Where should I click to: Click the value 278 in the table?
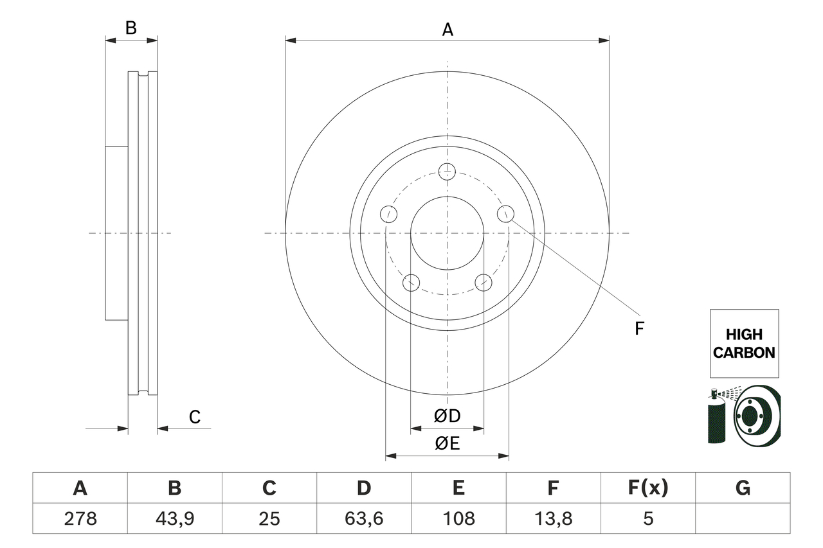coord(80,518)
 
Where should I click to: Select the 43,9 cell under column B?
coord(174,518)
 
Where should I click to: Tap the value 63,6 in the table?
coord(364,518)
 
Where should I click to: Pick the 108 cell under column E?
coord(458,518)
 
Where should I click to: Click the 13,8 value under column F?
coord(553,518)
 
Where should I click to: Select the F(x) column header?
coord(647,489)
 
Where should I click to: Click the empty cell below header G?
coord(743,518)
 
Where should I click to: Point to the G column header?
coord(743,489)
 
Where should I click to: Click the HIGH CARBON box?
coord(744,343)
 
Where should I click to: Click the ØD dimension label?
coord(447,416)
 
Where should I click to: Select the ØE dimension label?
coord(447,444)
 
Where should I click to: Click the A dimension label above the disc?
coord(448,30)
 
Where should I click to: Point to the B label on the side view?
coord(131,28)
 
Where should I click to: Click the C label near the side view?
coord(195,417)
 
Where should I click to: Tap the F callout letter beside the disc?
coord(639,329)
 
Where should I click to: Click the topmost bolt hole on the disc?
coord(447,172)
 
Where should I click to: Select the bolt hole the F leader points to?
coord(506,213)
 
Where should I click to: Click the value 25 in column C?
coord(269,518)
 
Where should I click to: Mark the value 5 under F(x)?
coord(647,518)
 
